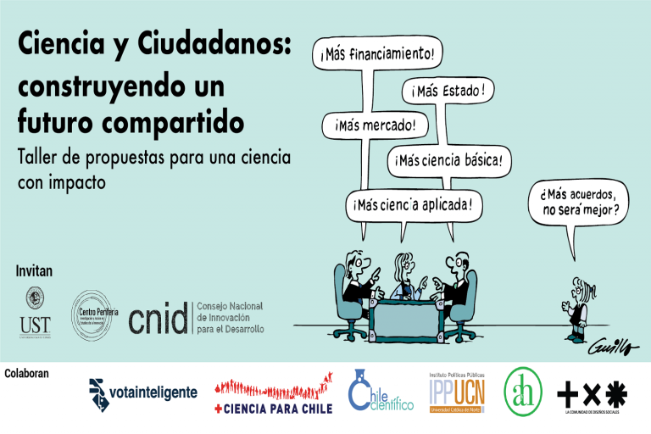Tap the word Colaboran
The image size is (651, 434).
pos(27,373)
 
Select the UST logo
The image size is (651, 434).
pos(35,310)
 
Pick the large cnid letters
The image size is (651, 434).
pos(159,318)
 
